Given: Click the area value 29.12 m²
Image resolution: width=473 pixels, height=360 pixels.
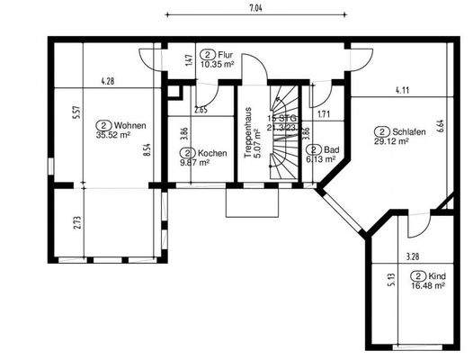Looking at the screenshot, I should [x=392, y=141].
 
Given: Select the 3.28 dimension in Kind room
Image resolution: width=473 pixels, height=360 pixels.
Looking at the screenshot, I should [x=414, y=257].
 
